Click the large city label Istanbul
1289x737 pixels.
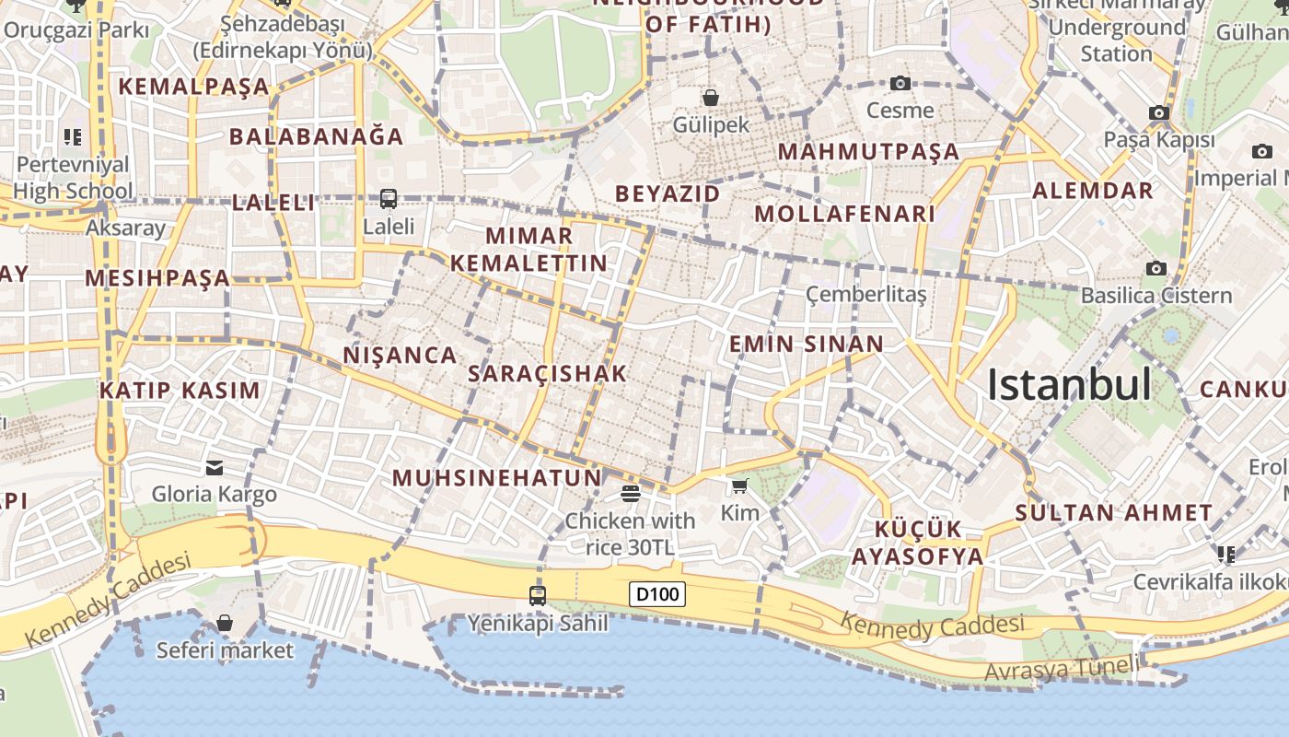point(1069,384)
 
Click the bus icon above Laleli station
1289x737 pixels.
point(389,198)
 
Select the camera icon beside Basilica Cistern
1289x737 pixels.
point(1156,268)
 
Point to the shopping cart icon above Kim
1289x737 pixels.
point(739,485)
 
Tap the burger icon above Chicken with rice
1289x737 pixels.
point(631,494)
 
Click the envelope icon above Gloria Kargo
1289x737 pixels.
point(215,468)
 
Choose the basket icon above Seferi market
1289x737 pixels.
point(225,624)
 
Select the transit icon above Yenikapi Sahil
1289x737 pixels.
point(538,595)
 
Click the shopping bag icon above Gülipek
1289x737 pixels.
point(711,97)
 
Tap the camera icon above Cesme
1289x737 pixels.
point(900,84)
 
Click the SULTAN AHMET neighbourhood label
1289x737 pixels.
point(1114,513)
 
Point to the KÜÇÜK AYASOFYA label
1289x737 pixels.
point(917,543)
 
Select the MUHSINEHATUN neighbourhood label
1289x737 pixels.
point(497,478)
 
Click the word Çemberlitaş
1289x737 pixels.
point(866,294)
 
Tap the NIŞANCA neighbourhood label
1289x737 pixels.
point(400,355)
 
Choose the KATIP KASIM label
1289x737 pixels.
point(180,390)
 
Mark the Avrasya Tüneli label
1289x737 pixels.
point(1059,670)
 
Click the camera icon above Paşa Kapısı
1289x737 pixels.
point(1159,113)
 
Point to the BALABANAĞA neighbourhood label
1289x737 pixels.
point(317,136)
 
